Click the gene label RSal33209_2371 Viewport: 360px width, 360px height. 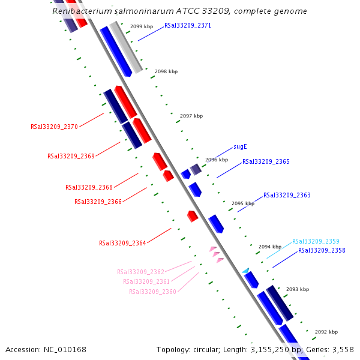(x=188, y=26)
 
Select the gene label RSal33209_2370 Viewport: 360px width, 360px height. (x=54, y=127)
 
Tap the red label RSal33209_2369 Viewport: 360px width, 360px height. (x=71, y=156)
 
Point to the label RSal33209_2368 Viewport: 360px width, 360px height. (x=89, y=187)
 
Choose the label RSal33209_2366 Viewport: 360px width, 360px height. (x=98, y=202)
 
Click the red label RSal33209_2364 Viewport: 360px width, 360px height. (x=122, y=243)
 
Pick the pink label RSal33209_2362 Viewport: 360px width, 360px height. (x=140, y=272)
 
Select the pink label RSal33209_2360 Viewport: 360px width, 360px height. (x=152, y=292)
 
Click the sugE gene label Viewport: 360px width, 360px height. (x=240, y=146)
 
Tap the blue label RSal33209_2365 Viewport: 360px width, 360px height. (x=266, y=161)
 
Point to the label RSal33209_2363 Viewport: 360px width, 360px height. (x=287, y=195)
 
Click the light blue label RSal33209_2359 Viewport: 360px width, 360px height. (x=316, y=241)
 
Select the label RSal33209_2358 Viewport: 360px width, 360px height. (x=322, y=250)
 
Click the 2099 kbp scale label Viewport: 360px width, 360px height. (x=142, y=26)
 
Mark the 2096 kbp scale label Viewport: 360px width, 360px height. (x=217, y=160)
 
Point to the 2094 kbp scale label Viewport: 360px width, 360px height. (x=270, y=247)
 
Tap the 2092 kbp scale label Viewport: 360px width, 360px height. (x=326, y=332)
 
